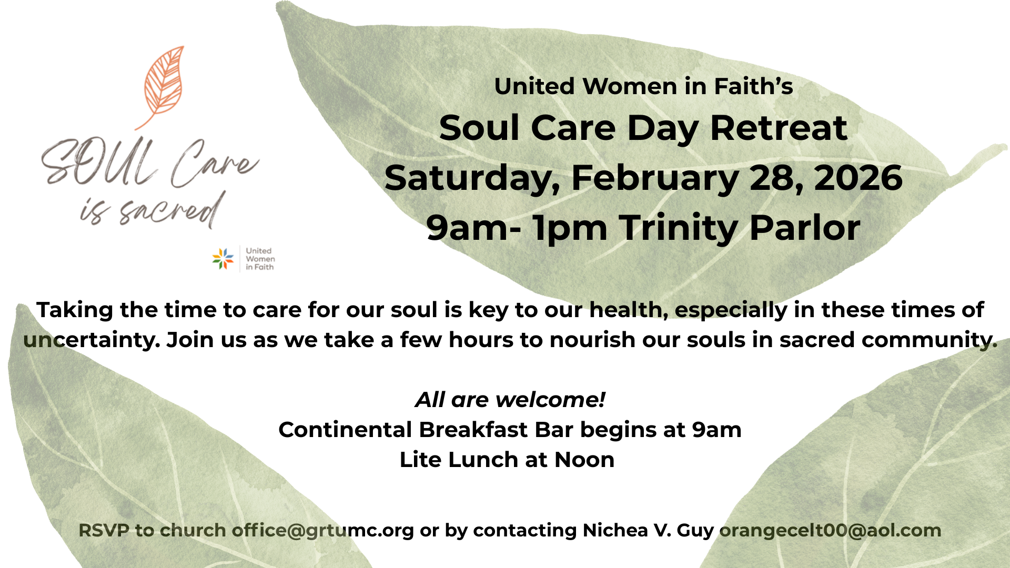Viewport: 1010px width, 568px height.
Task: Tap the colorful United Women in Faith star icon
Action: tap(223, 259)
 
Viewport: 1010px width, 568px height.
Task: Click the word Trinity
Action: tap(678, 228)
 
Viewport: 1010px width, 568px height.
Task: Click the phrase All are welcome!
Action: tap(510, 400)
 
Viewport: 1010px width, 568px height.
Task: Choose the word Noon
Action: tap(584, 460)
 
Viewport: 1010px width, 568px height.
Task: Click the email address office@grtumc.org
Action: tap(323, 530)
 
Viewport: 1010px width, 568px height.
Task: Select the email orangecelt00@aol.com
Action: tap(830, 530)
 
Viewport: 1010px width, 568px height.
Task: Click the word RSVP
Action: tap(104, 530)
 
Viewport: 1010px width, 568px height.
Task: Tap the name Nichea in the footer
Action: tap(615, 530)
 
